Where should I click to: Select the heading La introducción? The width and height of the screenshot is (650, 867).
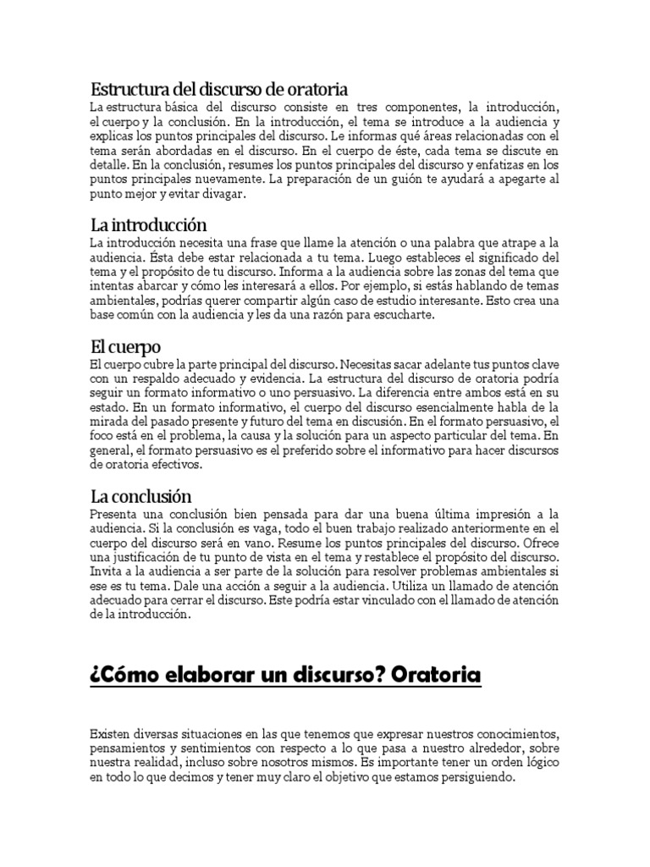[x=148, y=225]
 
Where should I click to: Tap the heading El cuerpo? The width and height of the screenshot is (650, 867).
[x=124, y=347]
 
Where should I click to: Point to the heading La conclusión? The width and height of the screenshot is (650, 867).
[x=140, y=496]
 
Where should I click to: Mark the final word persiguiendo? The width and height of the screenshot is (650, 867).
[x=476, y=776]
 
